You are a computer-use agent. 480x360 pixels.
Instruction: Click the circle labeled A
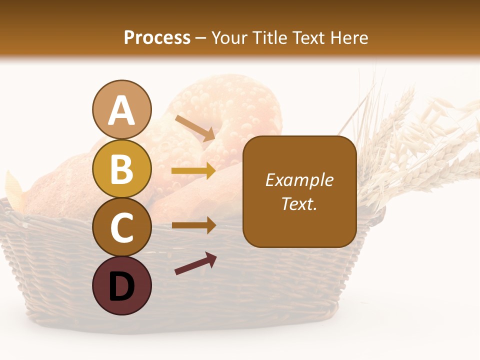point(121,109)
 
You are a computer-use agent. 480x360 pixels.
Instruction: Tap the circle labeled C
point(121,227)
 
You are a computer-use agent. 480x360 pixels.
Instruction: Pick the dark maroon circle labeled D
point(121,285)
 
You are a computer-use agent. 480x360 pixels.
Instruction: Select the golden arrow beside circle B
point(193,171)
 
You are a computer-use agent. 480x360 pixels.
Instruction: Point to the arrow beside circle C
point(193,225)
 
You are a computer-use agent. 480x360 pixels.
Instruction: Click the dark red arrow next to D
point(195,263)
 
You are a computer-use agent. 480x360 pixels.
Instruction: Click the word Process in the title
point(157,37)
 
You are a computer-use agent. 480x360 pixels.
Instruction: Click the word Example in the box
point(299,180)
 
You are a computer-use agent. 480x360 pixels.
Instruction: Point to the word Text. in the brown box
point(299,203)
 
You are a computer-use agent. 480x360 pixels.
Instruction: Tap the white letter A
point(121,110)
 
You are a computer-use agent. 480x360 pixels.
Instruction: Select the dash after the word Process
point(201,38)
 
